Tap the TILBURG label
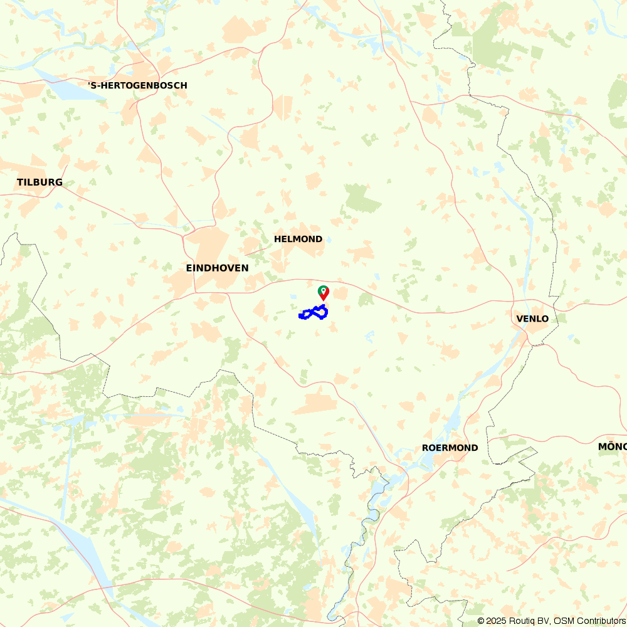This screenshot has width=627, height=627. tap(40, 182)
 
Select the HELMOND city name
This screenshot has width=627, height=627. tap(298, 239)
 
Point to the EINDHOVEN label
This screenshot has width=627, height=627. tap(217, 268)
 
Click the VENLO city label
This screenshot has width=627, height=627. tap(532, 319)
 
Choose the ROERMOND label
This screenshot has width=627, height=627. tap(450, 448)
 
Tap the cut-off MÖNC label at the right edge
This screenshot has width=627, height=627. tap(612, 446)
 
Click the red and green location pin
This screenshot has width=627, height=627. tap(324, 292)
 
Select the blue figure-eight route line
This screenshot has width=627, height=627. tap(313, 312)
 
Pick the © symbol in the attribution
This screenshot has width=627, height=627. tap(482, 621)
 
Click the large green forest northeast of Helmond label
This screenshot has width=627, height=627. tap(362, 199)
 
